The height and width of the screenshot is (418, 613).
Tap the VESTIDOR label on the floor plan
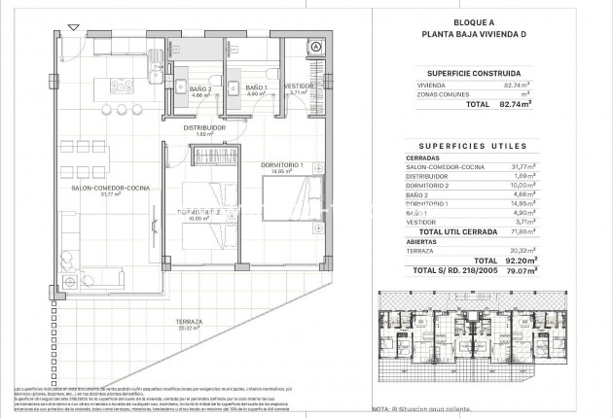[x=299, y=86]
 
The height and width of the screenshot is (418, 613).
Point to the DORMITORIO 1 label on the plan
[x=282, y=165]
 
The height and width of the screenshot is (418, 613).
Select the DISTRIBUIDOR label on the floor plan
[x=204, y=126]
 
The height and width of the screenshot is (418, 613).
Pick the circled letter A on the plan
[x=316, y=46]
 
